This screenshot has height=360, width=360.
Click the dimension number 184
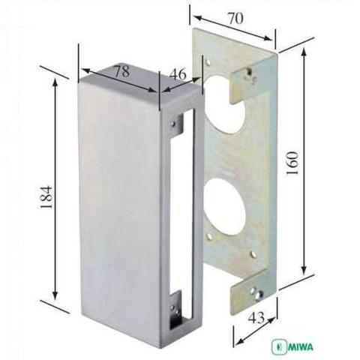click(x=46, y=197)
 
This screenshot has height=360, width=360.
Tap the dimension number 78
click(x=122, y=71)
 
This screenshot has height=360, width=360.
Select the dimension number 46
click(x=178, y=74)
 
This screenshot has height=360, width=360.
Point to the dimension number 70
click(x=235, y=18)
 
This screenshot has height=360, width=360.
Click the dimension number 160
click(x=292, y=163)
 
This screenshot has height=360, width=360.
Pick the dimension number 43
click(x=256, y=318)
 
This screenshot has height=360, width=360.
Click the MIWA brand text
click(x=301, y=347)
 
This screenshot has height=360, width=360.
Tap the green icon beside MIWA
click(x=279, y=347)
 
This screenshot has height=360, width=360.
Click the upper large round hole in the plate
click(x=223, y=104)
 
